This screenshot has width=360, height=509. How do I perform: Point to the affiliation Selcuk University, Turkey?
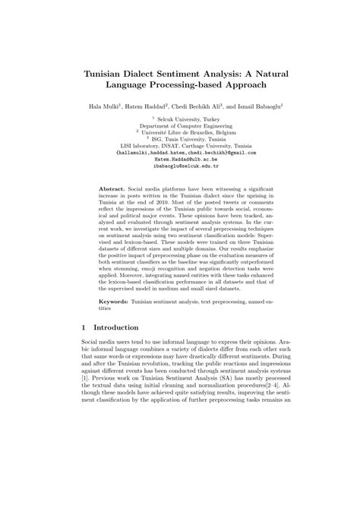pyautogui.click(x=182, y=119)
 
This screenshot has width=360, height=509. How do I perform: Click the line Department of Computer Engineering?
pyautogui.click(x=180, y=125)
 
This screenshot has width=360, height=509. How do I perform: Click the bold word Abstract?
pyautogui.click(x=113, y=186)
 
